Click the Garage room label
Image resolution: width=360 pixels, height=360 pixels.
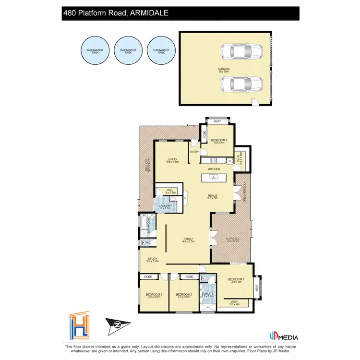(x=224, y=70)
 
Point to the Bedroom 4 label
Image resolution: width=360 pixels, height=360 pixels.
(x=219, y=141)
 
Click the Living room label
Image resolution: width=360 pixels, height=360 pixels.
(x=172, y=160)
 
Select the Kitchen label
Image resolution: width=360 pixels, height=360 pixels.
(x=214, y=169)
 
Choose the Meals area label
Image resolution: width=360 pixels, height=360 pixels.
(x=213, y=196)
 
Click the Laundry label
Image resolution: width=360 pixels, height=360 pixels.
(x=166, y=207)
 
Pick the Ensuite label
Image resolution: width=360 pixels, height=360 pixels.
(x=208, y=295)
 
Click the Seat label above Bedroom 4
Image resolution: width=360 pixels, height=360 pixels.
(x=217, y=121)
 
